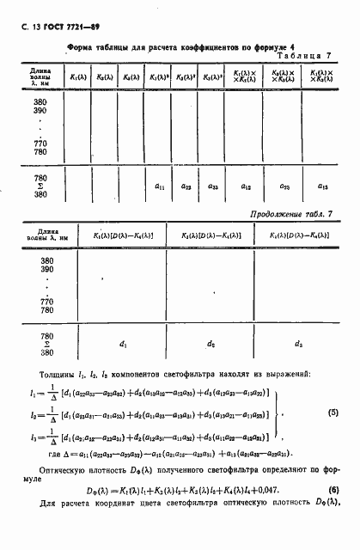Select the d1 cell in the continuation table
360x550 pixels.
123,345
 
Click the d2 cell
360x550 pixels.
211,345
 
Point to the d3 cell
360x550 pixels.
297,345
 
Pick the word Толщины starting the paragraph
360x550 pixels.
58,376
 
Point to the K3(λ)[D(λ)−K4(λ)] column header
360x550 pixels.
297,235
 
